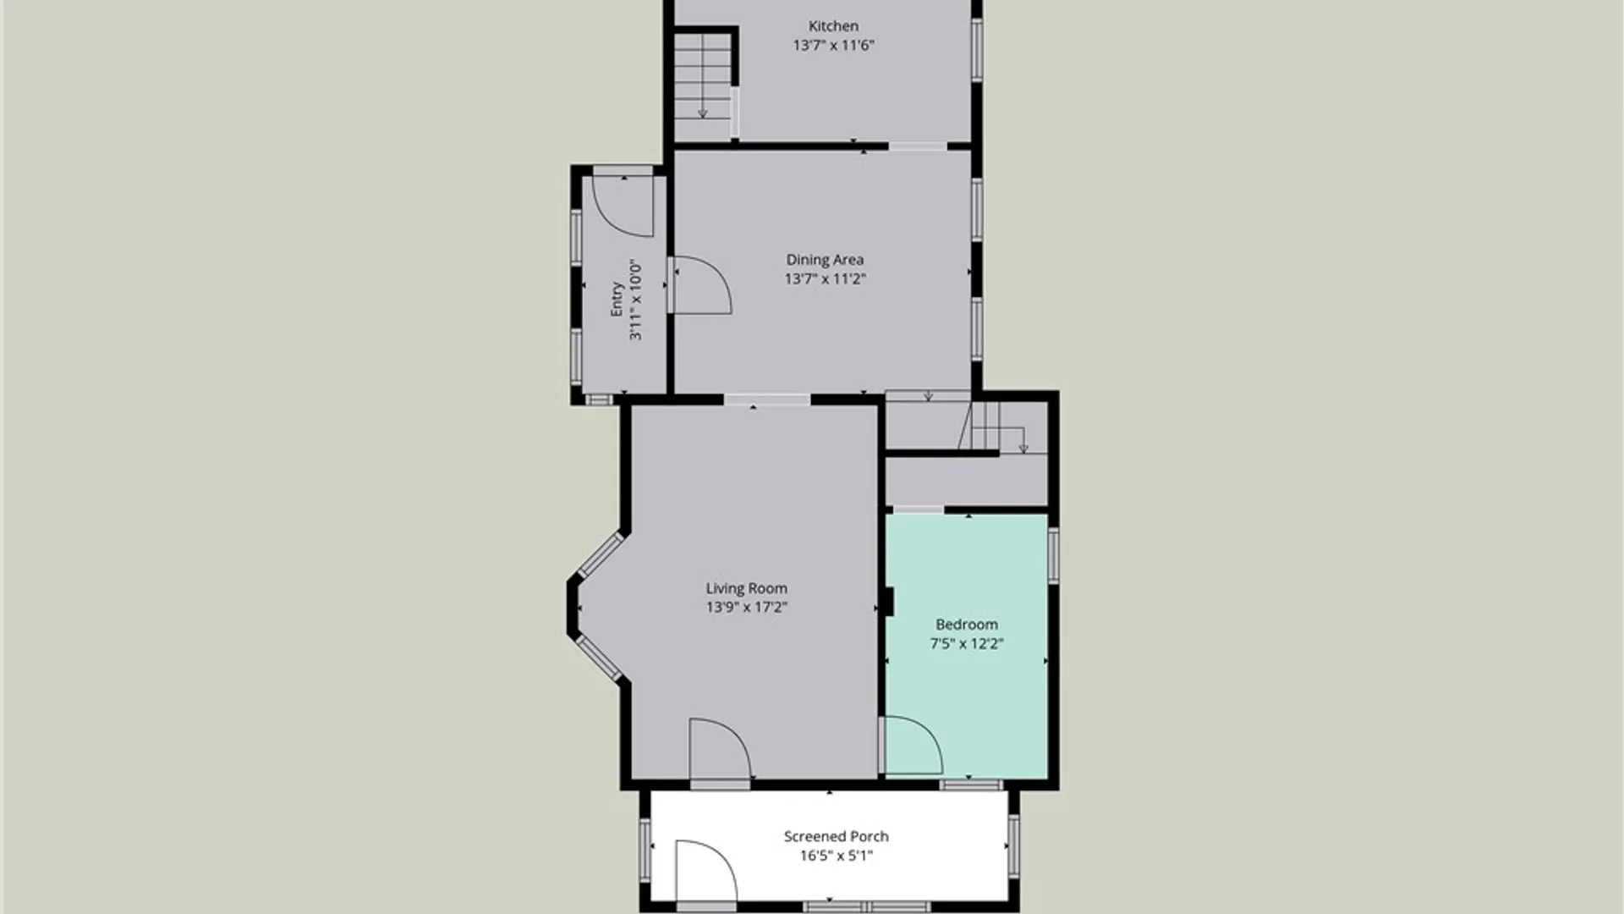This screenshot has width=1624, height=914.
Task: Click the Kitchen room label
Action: pyautogui.click(x=833, y=26)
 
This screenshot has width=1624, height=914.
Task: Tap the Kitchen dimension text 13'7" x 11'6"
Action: pyautogui.click(x=833, y=45)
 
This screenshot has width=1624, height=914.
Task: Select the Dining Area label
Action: pyautogui.click(x=825, y=260)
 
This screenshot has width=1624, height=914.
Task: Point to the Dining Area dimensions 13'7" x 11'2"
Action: pyautogui.click(x=825, y=278)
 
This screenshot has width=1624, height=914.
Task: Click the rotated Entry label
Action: pyautogui.click(x=617, y=300)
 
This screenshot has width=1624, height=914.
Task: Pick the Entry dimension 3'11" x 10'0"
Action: pyautogui.click(x=635, y=300)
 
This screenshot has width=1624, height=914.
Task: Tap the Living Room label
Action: pyautogui.click(x=747, y=588)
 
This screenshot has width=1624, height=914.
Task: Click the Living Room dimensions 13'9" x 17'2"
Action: pyautogui.click(x=747, y=607)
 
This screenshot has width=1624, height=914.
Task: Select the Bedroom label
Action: pyautogui.click(x=967, y=625)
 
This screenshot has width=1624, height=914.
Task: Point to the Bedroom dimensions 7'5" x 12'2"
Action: pyautogui.click(x=967, y=643)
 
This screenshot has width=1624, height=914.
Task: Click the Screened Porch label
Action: pyautogui.click(x=837, y=836)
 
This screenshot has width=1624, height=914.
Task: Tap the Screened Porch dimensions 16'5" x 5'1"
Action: pyautogui.click(x=837, y=856)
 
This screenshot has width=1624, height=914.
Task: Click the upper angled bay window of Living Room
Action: pyautogui.click(x=601, y=555)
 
